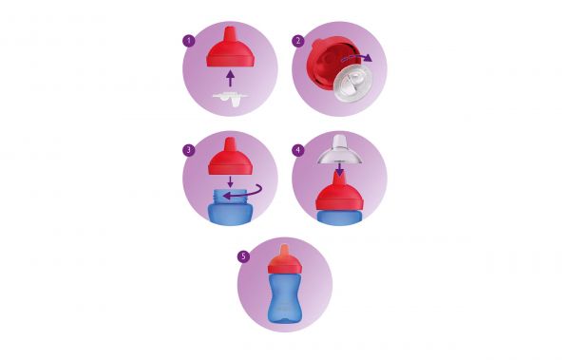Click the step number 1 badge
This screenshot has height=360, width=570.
188,41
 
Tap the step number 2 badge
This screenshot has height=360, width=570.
297,41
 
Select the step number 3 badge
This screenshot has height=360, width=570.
188,149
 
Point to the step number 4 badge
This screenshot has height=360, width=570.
297,149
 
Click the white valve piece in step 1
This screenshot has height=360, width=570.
230,98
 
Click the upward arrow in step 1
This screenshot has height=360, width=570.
230,77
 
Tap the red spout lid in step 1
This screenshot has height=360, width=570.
230,48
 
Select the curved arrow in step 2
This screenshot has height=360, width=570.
358,56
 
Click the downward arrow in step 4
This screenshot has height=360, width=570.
339,173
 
